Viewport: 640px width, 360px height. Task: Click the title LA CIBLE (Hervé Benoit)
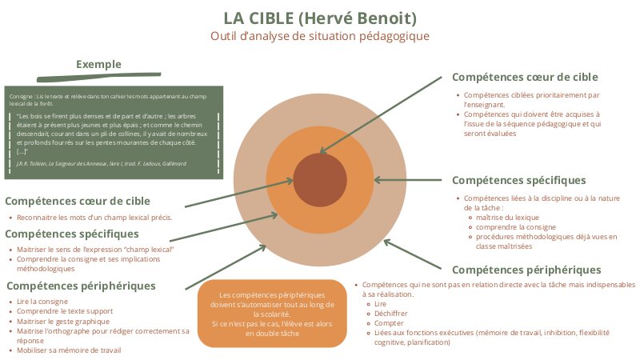pyautogui.click(x=319, y=18)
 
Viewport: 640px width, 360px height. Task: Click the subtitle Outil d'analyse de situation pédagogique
pyautogui.click(x=319, y=36)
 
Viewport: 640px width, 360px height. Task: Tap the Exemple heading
pyautogui.click(x=98, y=64)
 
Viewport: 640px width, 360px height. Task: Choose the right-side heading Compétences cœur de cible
pyautogui.click(x=525, y=77)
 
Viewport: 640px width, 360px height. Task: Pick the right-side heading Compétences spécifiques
pyautogui.click(x=519, y=180)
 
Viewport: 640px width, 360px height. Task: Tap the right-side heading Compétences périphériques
pyautogui.click(x=526, y=270)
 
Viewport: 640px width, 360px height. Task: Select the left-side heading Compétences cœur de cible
pyautogui.click(x=78, y=201)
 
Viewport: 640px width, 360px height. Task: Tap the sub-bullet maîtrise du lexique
pyautogui.click(x=507, y=218)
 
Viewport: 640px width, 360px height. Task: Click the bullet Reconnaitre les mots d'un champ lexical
pyautogui.click(x=94, y=217)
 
